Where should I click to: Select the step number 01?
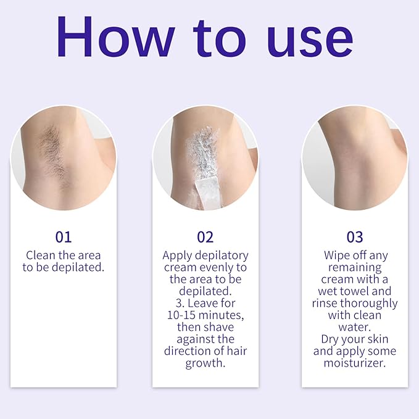pos(64,237)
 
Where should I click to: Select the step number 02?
pos(205,237)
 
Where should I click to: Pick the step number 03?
pos(355,237)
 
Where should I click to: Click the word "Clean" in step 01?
pos(41,255)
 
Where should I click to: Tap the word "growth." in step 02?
pos(205,363)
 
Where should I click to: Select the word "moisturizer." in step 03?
pos(355,363)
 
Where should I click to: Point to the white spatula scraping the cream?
pos(205,185)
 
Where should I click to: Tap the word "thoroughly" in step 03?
pos(370,304)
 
